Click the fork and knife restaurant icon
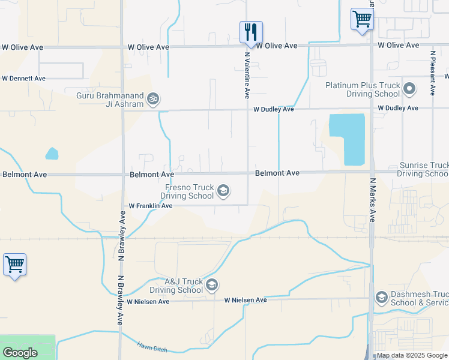tap(251, 31)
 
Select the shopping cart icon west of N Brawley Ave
tap(14, 264)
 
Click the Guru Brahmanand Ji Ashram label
tap(110, 100)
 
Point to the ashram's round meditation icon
tap(154, 98)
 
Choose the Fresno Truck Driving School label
tap(189, 191)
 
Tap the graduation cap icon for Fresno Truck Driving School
tap(223, 191)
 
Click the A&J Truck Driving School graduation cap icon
tap(211, 285)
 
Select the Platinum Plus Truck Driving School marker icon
tap(410, 90)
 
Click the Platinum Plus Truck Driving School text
tap(363, 90)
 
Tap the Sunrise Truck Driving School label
tap(423, 169)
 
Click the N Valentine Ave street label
tap(247, 75)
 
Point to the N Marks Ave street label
tap(372, 200)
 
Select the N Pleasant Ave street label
tap(433, 73)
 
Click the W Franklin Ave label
tap(151, 206)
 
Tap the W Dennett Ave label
tap(23, 79)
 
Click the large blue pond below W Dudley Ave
tap(347, 138)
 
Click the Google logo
tap(20, 353)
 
